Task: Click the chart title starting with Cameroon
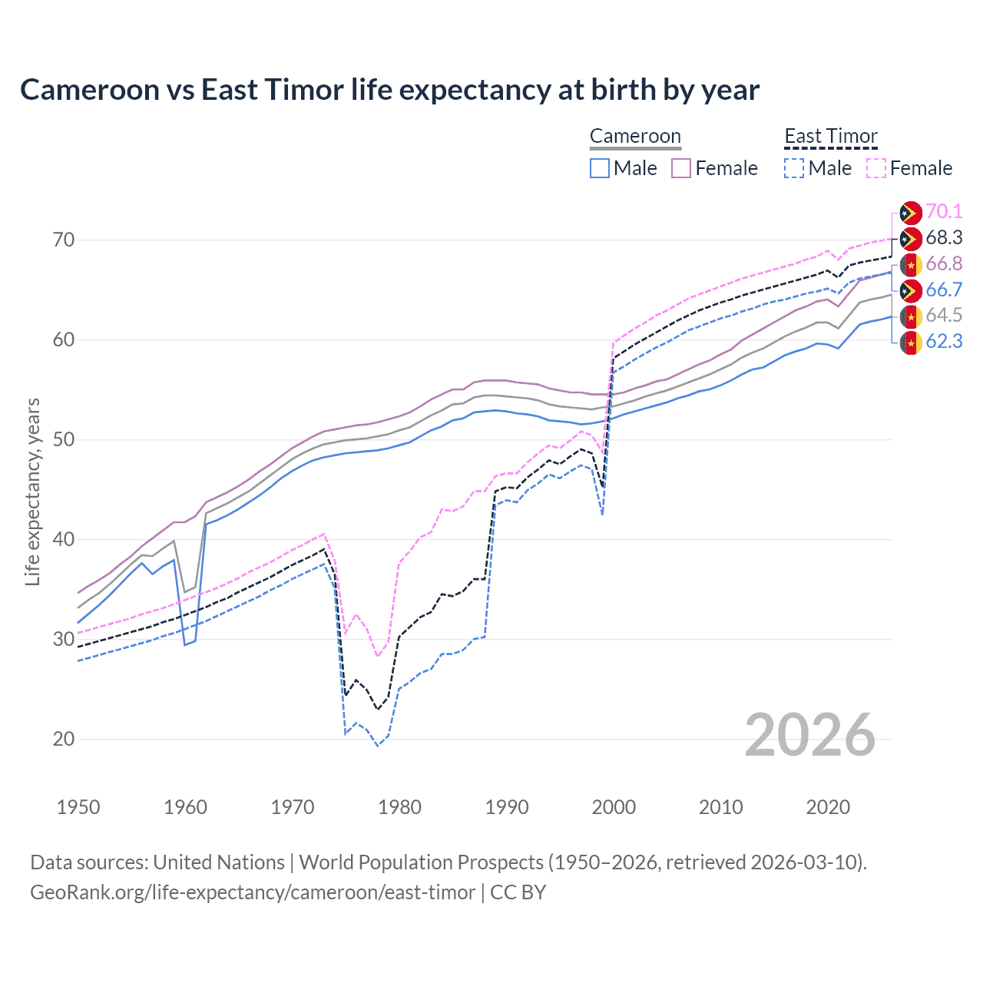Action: (x=389, y=90)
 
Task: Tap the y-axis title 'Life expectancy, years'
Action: (x=32, y=491)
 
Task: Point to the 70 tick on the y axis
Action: (x=64, y=240)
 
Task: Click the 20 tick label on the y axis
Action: (x=64, y=739)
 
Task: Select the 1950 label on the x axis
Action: (x=78, y=807)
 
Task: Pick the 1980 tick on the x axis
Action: (x=399, y=807)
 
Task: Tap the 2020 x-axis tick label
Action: (x=828, y=807)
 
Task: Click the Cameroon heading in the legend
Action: (x=635, y=136)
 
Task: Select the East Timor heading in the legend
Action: (x=830, y=136)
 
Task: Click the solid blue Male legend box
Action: (x=600, y=168)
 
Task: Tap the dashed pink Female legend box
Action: (x=876, y=168)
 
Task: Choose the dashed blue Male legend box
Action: (x=794, y=168)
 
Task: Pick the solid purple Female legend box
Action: (x=681, y=168)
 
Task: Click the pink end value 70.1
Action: (x=944, y=212)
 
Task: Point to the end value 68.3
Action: (x=944, y=238)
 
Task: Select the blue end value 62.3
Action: (x=944, y=341)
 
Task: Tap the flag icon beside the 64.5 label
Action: (x=911, y=316)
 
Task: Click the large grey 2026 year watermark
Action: (x=809, y=735)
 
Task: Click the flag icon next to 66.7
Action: (x=911, y=290)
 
